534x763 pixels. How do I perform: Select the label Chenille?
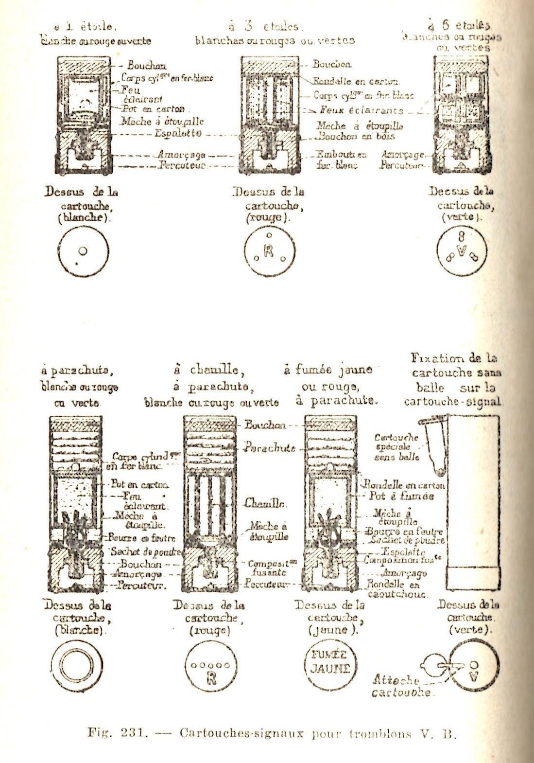[x=266, y=503]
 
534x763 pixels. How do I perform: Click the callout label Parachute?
[x=270, y=447]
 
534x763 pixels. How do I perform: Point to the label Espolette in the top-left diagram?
[x=178, y=133]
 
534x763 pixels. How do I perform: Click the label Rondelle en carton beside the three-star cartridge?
[x=356, y=81]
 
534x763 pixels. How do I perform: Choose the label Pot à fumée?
[x=401, y=496]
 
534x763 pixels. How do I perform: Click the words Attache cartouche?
[x=401, y=686]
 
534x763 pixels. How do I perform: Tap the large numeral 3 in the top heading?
[x=248, y=25]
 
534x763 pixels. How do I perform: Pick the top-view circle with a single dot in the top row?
[x=83, y=251]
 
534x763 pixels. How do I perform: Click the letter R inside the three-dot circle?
[x=269, y=251]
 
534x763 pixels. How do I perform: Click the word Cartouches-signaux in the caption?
[x=241, y=733]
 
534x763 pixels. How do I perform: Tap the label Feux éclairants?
[x=361, y=110]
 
